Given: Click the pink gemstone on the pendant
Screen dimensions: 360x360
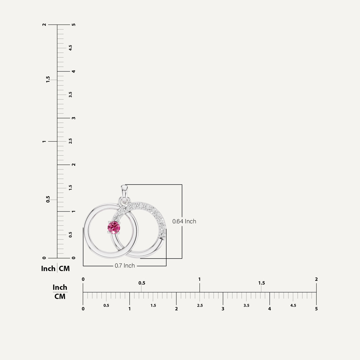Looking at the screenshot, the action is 114,227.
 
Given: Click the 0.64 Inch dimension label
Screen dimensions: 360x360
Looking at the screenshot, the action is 184,221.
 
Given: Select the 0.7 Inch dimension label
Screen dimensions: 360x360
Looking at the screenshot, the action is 125,266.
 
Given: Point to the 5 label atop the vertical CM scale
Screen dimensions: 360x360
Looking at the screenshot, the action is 74,25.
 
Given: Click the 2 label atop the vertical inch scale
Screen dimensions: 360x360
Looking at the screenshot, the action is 44,25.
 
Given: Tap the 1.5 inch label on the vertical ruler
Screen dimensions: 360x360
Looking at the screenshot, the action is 48,79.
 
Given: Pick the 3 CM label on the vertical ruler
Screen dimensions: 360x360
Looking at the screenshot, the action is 74,118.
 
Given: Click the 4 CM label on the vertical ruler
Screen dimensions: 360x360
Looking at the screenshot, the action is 74,71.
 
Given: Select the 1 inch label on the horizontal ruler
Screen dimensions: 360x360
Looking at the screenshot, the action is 199,279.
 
